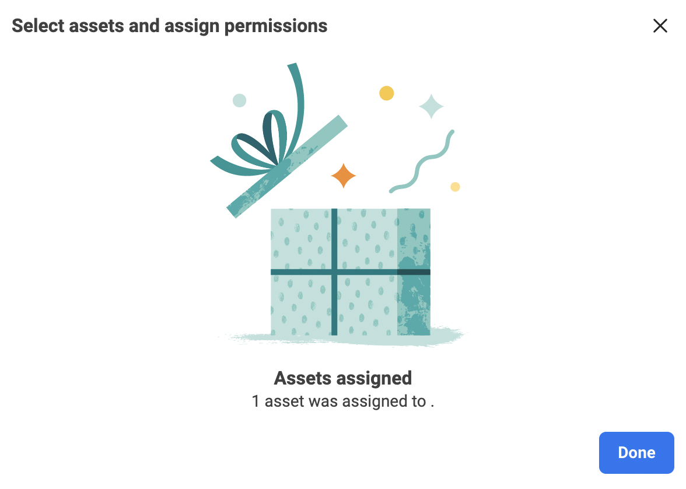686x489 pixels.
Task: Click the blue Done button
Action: pos(636,453)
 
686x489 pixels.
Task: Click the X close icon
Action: pos(660,26)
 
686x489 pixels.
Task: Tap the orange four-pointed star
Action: pos(344,176)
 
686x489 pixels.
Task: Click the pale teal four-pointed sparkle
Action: pos(432,106)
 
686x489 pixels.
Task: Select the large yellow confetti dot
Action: pos(386,93)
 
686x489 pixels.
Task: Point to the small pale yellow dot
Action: pos(455,187)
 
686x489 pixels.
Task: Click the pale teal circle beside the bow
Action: pos(239,100)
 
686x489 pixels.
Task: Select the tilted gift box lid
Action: pos(287,166)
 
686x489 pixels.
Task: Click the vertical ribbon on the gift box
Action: pos(334,272)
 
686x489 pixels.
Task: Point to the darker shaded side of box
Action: pos(414,272)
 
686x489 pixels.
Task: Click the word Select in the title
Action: pos(40,26)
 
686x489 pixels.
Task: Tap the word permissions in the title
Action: pos(275,26)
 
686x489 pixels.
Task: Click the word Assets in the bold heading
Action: pos(302,378)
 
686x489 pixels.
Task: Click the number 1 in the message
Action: pos(256,401)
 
